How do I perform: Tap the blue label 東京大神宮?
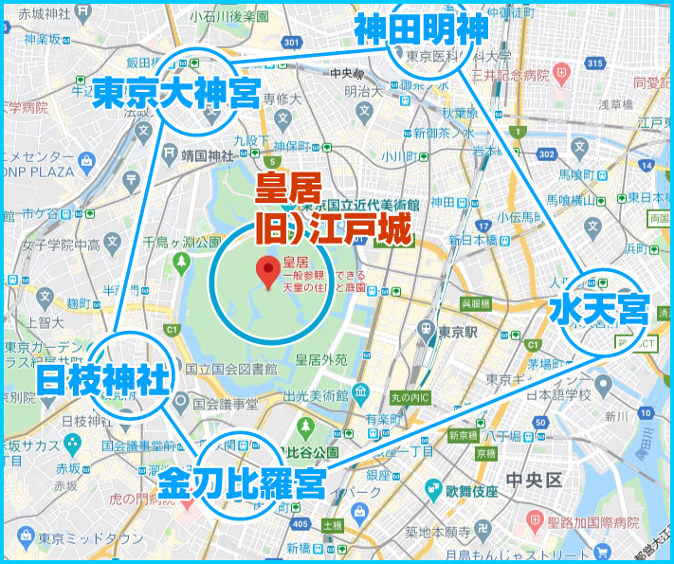(177, 94)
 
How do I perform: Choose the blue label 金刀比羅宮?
(242, 483)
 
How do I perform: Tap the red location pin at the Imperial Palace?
(267, 271)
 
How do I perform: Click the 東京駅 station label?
(464, 332)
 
